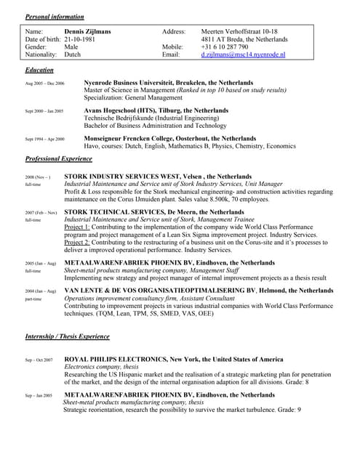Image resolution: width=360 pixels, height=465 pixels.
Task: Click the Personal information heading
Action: coord(55,17)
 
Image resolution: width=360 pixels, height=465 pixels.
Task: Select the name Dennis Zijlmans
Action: coord(89,32)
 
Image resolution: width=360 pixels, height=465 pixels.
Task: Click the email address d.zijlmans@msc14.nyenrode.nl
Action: coord(243,54)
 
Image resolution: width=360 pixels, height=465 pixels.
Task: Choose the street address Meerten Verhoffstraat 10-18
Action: coord(239,32)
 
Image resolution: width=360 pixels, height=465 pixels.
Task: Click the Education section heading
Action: coord(39,70)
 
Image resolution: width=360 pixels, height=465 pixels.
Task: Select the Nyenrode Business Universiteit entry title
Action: coord(169,83)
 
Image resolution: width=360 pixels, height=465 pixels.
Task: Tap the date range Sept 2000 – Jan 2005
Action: coord(44,112)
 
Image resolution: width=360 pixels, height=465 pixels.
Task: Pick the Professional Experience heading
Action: coord(59,158)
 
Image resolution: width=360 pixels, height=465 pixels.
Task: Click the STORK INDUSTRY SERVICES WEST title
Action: coord(158,177)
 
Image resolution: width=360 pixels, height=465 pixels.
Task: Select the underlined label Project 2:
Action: coord(77,243)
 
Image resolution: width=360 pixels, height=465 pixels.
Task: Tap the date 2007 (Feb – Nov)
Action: coord(41,213)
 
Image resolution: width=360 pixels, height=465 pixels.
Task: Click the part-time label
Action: coord(33,299)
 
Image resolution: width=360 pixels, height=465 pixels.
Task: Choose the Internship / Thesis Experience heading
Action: coord(67,337)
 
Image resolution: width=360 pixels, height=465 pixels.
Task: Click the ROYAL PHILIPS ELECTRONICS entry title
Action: coord(174,360)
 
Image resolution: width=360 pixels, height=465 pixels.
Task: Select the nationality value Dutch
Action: coord(73,54)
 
